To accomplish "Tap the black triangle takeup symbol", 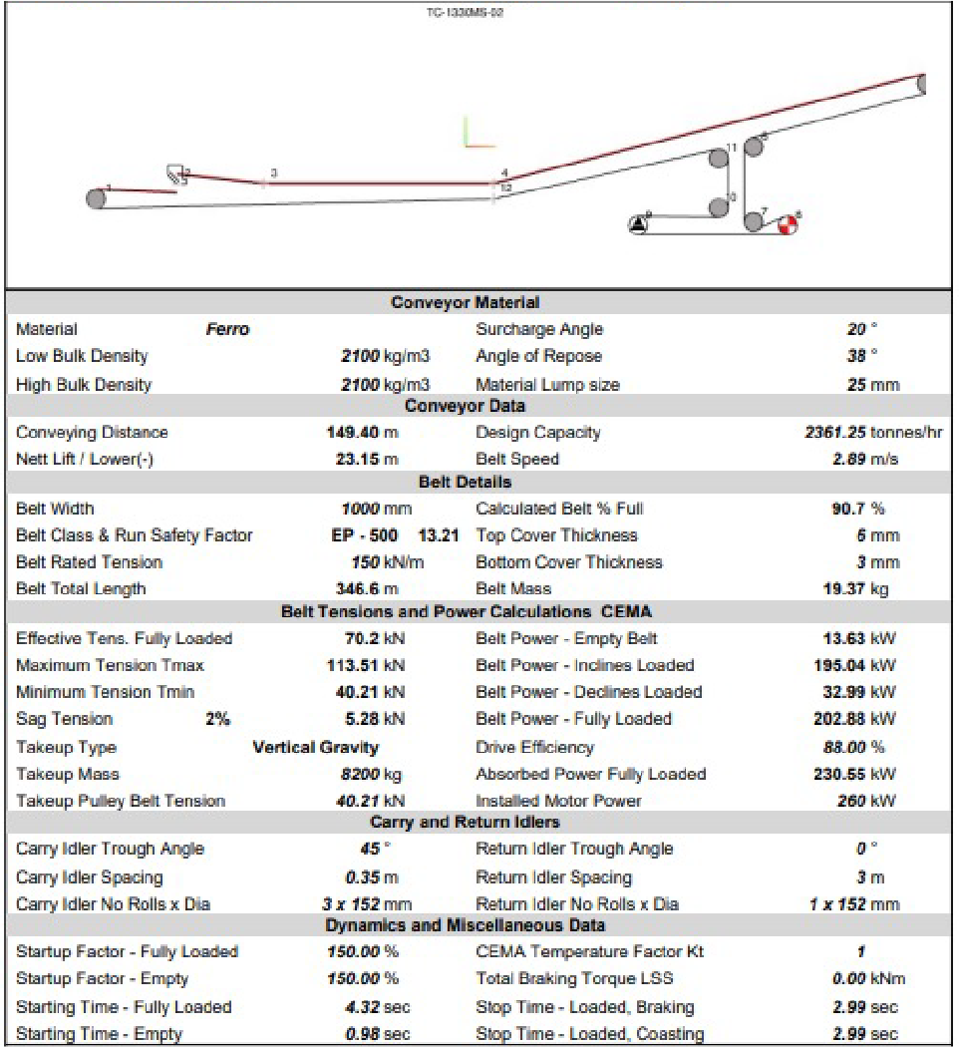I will (x=638, y=223).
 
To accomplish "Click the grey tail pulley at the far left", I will (x=96, y=197).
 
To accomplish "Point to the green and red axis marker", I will (x=478, y=133).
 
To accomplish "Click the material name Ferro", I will (x=227, y=329).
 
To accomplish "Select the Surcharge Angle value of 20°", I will (x=855, y=329).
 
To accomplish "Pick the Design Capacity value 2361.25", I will (x=835, y=432).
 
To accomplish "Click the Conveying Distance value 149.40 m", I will (x=362, y=432).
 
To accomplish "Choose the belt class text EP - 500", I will (x=364, y=535).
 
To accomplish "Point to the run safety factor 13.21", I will (x=439, y=535).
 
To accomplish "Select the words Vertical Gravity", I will (x=316, y=747).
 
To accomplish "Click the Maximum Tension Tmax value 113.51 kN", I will (x=366, y=665).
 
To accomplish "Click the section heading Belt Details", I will (x=465, y=482).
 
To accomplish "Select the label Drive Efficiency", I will (x=534, y=747).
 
